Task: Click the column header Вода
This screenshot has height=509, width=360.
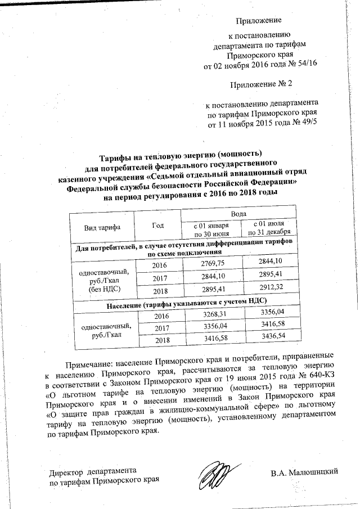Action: click(x=239, y=215)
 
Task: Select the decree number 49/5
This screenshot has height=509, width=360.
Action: click(x=306, y=124)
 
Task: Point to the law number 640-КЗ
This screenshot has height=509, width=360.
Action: click(x=318, y=375)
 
